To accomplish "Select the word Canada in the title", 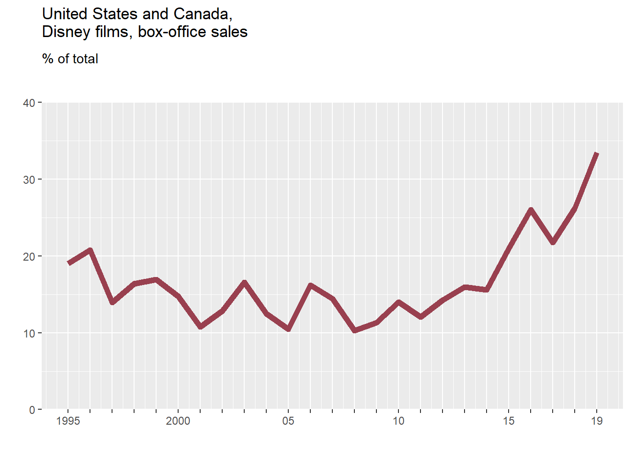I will tap(202, 14).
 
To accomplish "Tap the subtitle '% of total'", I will tap(70, 59).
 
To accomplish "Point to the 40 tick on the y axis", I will tap(29, 103).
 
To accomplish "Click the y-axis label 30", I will tap(29, 180).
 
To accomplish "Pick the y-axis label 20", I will tap(29, 257).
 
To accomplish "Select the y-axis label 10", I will tap(29, 334).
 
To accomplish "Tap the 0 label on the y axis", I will tap(32, 410).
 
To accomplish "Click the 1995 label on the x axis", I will tap(68, 421).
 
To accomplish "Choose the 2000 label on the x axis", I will tap(178, 421).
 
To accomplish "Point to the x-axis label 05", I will tap(288, 421).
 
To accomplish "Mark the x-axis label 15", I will tap(509, 421).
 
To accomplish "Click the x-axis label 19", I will tap(597, 421).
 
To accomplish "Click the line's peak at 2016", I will tap(531, 209).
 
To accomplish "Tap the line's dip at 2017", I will tap(553, 242).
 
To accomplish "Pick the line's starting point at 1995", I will tap(68, 263).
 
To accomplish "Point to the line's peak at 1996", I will tap(90, 250).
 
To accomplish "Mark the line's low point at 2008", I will tap(354, 330).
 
